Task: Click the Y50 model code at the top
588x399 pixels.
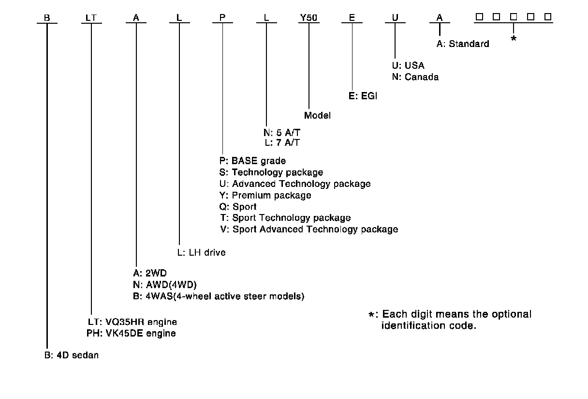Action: (x=309, y=17)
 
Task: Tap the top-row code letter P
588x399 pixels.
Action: (x=222, y=17)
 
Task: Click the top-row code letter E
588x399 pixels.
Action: (x=352, y=17)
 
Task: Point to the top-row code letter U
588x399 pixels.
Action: (x=395, y=17)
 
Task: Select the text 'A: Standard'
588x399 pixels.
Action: (x=463, y=44)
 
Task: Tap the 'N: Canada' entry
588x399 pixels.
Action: (x=415, y=77)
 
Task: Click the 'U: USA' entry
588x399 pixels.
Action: (x=409, y=66)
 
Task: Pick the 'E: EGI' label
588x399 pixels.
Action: (x=363, y=96)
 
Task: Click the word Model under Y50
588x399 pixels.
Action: (x=317, y=115)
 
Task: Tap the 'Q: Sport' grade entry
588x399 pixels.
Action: (x=238, y=207)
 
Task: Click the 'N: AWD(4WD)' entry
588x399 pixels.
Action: (x=162, y=284)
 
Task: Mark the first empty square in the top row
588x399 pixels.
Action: (x=479, y=17)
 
